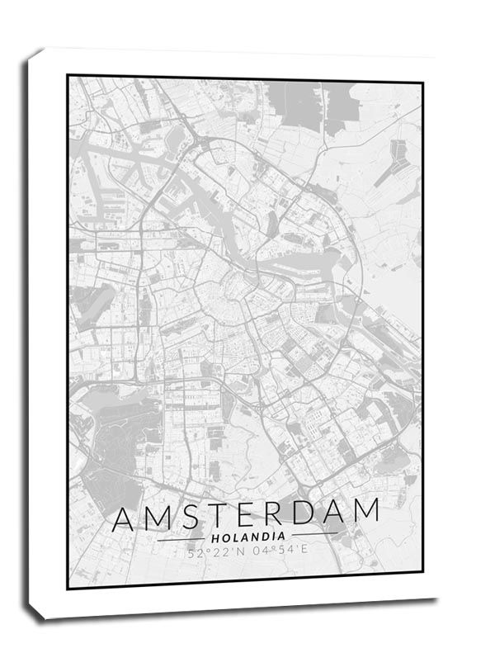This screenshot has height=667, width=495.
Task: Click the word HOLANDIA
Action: [x=247, y=537]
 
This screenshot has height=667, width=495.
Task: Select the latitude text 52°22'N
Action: [x=216, y=553]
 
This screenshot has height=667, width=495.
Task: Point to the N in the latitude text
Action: [x=239, y=553]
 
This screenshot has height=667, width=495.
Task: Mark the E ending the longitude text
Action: [x=304, y=551]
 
